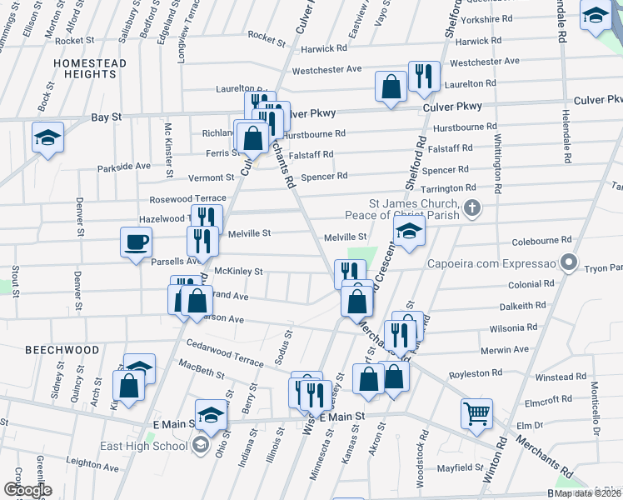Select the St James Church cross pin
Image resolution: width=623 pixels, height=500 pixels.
[471, 208]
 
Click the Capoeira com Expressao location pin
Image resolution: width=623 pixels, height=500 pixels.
[568, 264]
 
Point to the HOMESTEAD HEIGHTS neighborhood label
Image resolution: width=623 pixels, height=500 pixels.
[90, 69]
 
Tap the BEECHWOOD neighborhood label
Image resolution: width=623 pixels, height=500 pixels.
[62, 350]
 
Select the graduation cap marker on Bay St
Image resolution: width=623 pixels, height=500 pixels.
[47, 137]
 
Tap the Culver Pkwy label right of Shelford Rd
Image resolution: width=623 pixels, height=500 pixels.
[452, 107]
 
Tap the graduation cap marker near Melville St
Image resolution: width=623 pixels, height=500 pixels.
[409, 232]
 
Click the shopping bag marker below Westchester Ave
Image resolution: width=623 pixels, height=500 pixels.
[390, 86]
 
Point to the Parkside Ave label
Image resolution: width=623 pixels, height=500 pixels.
[123, 167]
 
